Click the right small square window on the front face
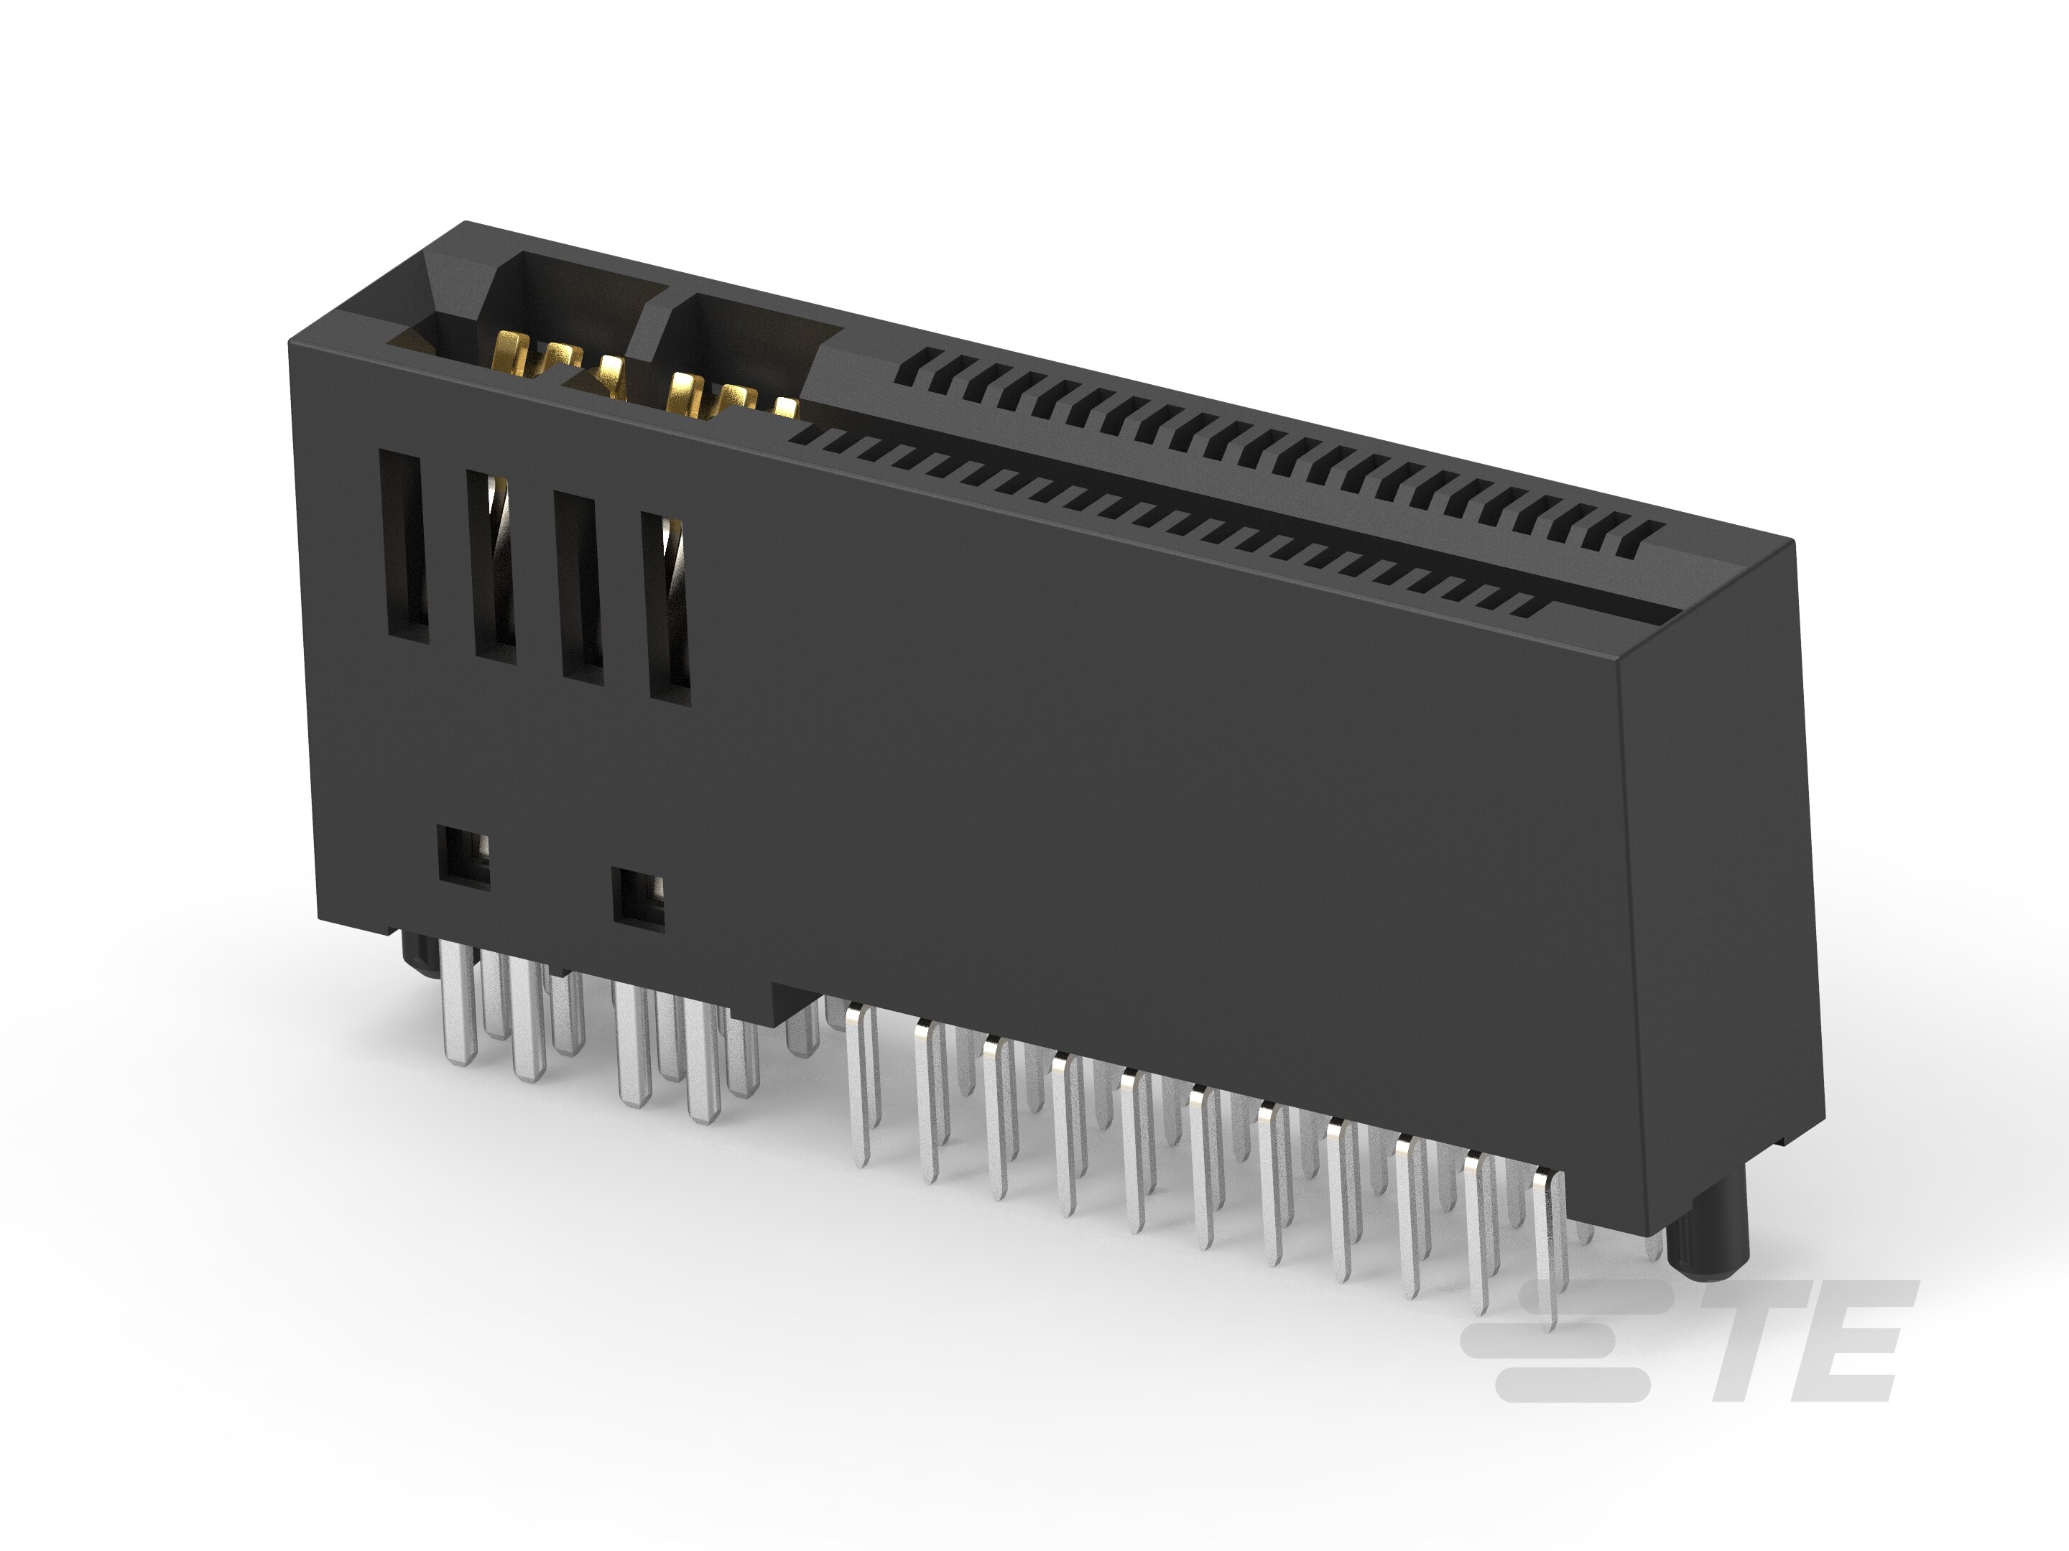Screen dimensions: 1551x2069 click(638, 900)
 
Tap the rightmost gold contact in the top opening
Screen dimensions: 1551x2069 click(786, 408)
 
